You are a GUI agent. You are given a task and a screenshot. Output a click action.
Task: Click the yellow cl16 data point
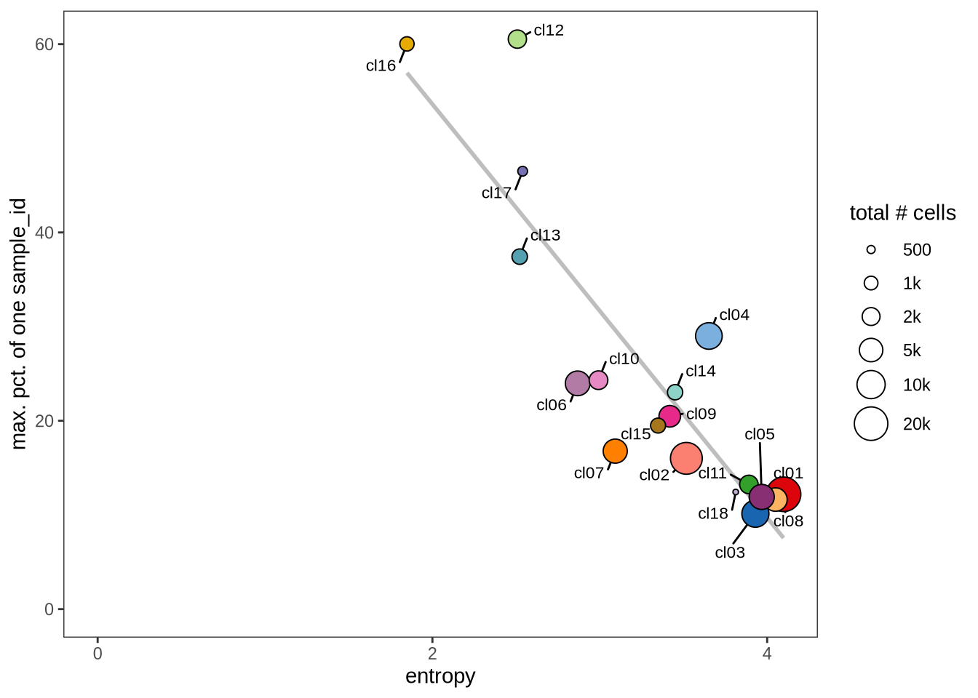coord(407,44)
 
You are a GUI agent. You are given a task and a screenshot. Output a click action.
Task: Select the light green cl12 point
coord(517,39)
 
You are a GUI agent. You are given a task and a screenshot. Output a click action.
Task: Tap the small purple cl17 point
coord(522,172)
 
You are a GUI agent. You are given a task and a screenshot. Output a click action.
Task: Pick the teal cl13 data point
coord(520,257)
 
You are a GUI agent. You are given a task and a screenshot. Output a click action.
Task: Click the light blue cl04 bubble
coord(709,336)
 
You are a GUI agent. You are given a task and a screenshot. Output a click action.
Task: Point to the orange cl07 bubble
coord(615,452)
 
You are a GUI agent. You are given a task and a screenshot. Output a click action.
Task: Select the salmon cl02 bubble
coord(686,459)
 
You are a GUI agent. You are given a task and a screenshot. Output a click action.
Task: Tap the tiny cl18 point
coord(736,492)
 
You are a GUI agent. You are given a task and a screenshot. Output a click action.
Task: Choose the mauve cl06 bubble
coord(577,383)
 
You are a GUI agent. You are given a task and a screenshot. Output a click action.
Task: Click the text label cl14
coord(700,372)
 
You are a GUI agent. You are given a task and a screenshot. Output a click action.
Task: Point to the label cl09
coord(701,414)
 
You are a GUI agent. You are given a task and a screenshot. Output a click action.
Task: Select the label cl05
coord(759,435)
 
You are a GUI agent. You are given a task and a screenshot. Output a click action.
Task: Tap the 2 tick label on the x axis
coord(432,654)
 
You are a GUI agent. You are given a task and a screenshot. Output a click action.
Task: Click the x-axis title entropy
coord(440,676)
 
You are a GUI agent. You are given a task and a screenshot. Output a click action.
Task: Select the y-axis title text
coord(19,324)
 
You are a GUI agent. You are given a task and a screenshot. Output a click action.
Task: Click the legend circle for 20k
coord(871,424)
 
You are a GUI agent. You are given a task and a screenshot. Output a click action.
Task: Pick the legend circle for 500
coord(871,250)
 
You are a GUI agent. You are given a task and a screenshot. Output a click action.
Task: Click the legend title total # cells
coord(902,213)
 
